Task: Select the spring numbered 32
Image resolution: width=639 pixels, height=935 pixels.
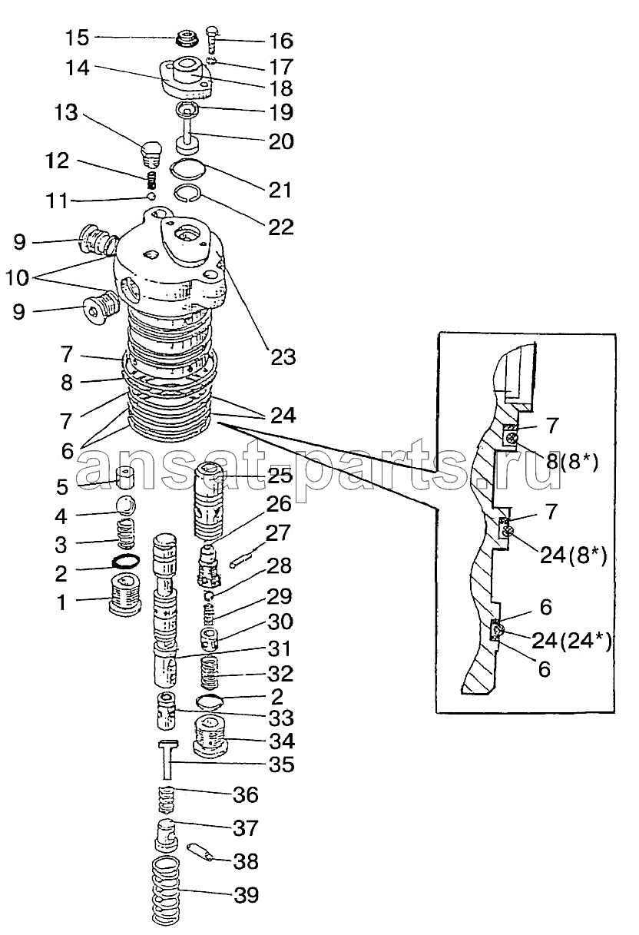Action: click(210, 672)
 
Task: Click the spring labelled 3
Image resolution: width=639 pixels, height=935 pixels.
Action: click(128, 533)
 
